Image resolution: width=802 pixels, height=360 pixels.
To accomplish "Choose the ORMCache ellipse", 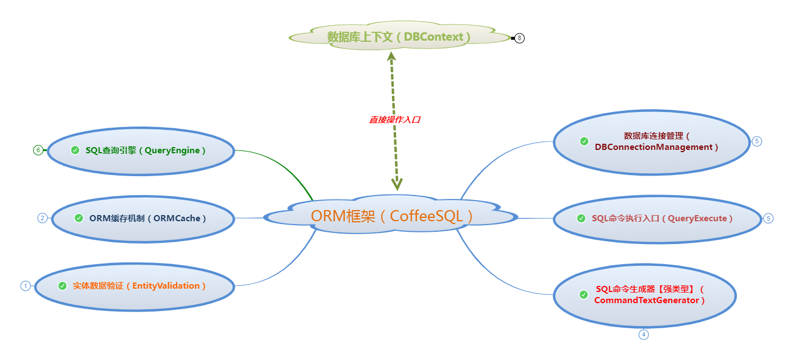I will (x=143, y=218).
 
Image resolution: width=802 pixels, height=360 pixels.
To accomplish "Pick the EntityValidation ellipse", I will (x=134, y=286).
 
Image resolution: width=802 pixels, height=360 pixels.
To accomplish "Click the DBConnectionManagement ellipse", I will (x=652, y=142).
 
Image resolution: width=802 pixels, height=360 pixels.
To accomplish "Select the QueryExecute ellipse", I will (x=657, y=218).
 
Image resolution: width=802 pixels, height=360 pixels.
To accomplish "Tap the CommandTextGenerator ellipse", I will (x=645, y=295).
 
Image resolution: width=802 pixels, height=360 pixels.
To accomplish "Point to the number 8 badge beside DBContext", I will (x=520, y=38).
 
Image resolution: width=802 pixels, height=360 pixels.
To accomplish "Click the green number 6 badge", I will (x=38, y=150).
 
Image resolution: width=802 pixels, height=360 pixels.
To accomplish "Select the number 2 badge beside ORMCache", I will (x=42, y=218).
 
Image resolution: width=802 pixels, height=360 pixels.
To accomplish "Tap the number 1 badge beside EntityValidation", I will (x=25, y=286).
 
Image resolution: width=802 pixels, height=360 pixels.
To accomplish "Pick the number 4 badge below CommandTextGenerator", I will (x=643, y=334).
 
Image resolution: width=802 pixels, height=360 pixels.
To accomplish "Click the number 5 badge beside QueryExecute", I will (x=769, y=218).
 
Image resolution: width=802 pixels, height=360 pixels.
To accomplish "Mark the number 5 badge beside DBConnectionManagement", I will (x=756, y=142).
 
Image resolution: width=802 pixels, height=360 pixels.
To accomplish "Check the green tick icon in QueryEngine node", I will (x=75, y=150).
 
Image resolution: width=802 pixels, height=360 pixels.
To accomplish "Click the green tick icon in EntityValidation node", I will (x=62, y=286).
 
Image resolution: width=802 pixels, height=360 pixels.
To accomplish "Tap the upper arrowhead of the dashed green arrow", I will (x=392, y=56).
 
